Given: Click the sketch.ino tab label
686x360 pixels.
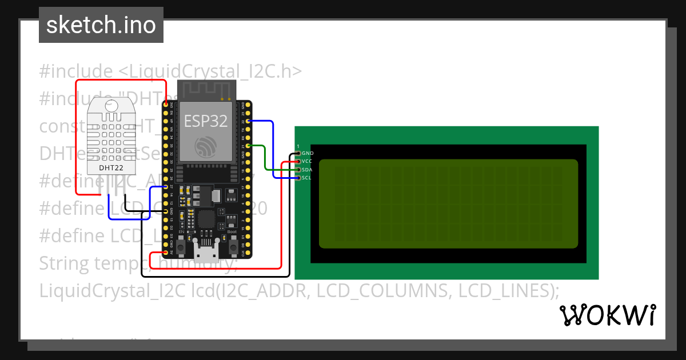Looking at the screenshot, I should (101, 25).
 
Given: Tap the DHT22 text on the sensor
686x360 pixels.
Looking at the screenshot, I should (111, 168).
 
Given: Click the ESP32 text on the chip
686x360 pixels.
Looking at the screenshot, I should (205, 121).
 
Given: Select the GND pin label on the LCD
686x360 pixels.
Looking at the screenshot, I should (308, 154).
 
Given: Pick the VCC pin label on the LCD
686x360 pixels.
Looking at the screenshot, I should (307, 162).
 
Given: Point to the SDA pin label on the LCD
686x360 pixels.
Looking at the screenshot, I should (307, 170).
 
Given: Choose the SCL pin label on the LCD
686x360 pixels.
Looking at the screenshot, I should (306, 178).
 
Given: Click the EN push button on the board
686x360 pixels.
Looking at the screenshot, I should (181, 246).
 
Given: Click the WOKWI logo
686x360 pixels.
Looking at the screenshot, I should (607, 315).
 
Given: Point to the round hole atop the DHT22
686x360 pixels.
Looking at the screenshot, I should (111, 105).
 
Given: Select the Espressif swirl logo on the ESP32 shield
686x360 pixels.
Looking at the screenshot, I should (205, 146).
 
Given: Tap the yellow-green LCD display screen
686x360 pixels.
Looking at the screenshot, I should (448, 203).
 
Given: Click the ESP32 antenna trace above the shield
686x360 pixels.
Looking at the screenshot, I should (206, 89).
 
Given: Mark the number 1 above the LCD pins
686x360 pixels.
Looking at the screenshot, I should (298, 147).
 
